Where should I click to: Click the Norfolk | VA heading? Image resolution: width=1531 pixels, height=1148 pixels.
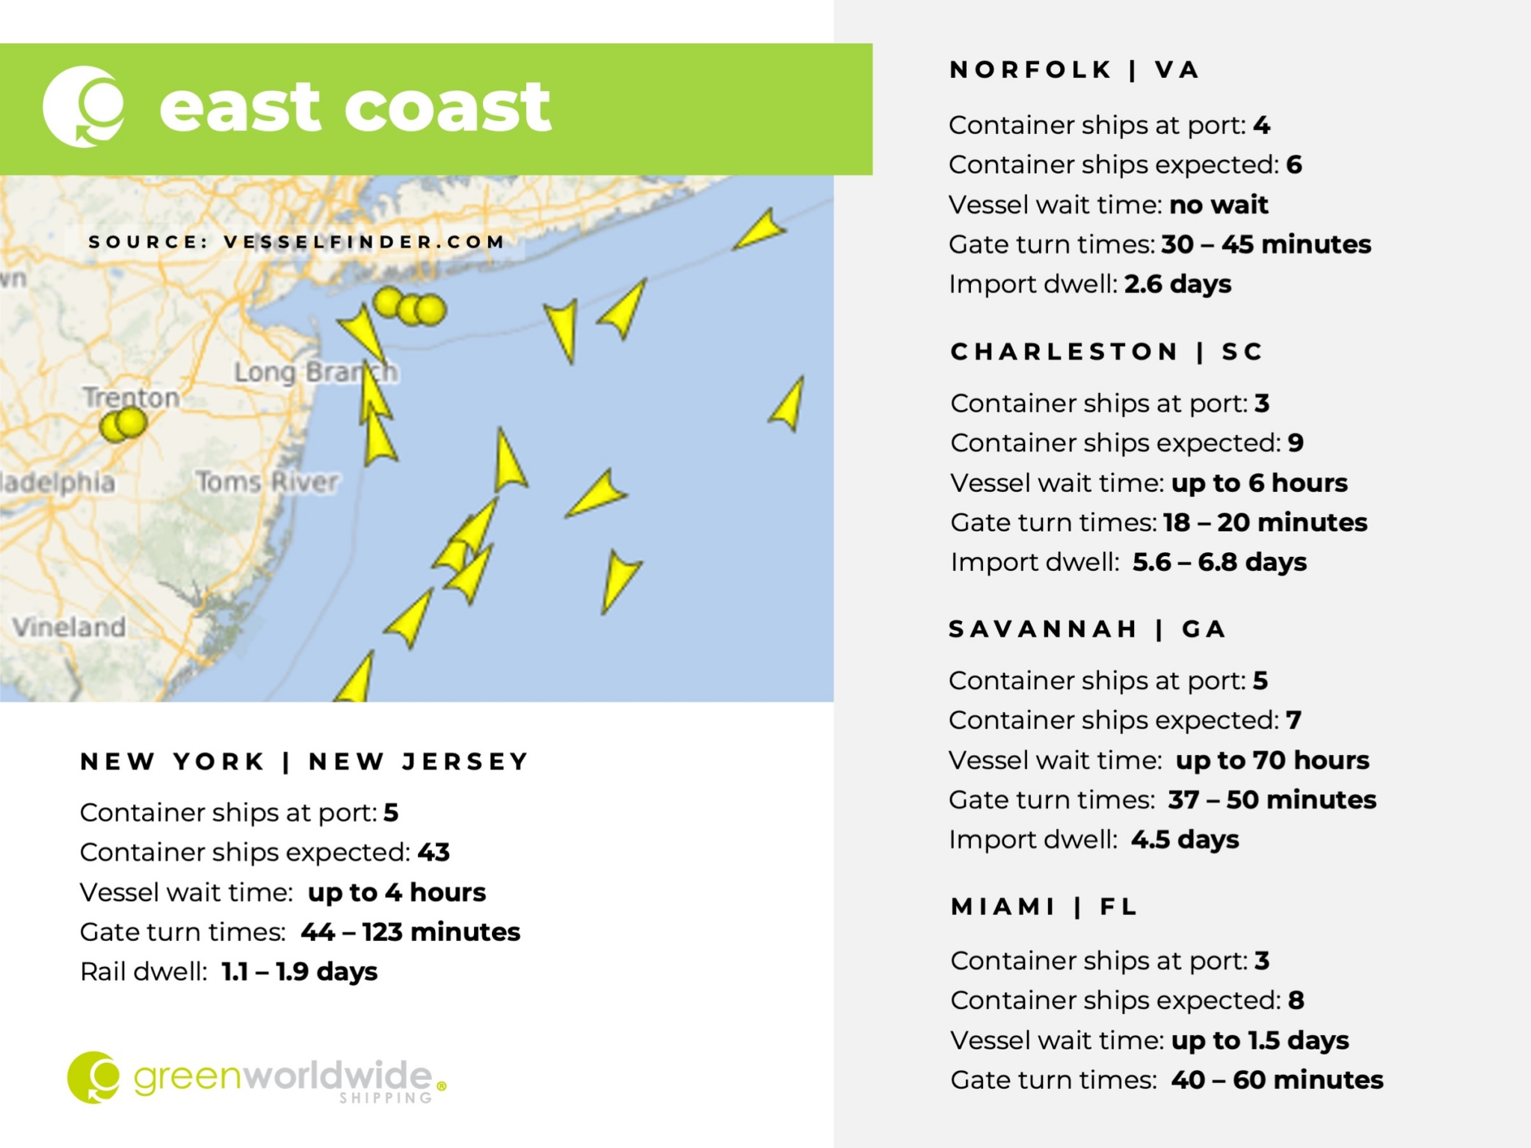point(1074,70)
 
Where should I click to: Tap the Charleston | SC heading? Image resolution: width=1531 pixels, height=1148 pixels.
point(1106,351)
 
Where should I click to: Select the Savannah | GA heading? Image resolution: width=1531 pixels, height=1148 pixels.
point(1087,629)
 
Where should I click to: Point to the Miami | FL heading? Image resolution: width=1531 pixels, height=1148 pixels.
point(1044,907)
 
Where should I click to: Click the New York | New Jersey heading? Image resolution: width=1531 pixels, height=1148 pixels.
point(304,762)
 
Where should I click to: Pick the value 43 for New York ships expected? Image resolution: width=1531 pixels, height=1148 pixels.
point(434,852)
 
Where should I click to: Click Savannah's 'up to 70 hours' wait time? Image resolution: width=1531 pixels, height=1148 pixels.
point(1272,760)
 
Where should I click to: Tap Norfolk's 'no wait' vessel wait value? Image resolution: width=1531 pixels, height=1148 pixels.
point(1219,205)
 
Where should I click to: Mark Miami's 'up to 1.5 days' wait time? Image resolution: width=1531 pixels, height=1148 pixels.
point(1260,1040)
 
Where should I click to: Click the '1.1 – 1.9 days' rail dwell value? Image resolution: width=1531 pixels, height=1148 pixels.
point(300,972)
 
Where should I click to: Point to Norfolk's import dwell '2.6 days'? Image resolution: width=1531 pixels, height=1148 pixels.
point(1177,284)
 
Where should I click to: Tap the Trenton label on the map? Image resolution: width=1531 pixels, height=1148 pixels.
point(132,397)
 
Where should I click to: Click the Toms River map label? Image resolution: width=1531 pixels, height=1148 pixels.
point(267,482)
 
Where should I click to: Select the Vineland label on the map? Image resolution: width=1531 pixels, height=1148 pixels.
point(69,626)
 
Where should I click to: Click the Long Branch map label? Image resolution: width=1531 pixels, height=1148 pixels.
point(315,371)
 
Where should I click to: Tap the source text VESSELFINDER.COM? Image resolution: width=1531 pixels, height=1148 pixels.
point(364,242)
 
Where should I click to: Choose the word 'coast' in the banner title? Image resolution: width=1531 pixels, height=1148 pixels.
point(447,108)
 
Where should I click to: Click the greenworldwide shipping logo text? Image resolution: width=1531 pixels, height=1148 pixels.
point(283,1077)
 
